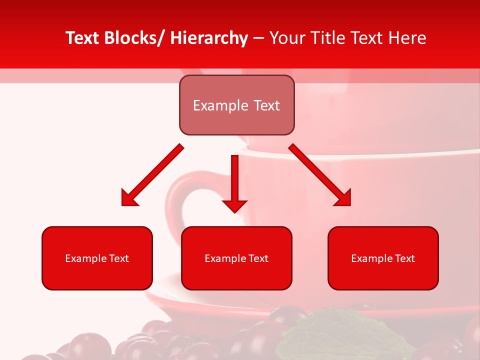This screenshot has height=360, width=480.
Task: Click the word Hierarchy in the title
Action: click(209, 38)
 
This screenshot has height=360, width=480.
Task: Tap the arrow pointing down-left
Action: click(155, 173)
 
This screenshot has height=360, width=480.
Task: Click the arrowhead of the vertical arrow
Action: click(234, 205)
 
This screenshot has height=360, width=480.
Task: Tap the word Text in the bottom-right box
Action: click(405, 258)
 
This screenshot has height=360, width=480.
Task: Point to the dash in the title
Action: click(258, 38)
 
